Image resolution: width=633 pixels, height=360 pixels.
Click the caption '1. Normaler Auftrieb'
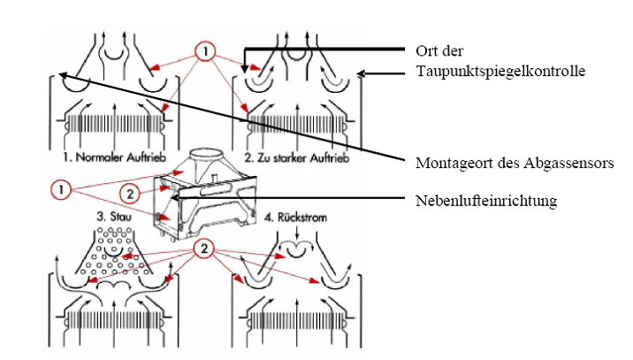(110, 158)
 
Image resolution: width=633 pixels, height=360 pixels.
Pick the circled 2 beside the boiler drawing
(128, 192)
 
